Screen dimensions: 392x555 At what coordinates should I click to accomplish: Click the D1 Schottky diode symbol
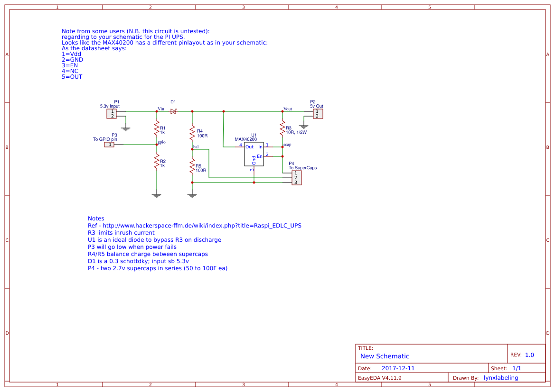coord(173,111)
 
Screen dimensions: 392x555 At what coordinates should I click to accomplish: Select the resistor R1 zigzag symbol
coord(156,128)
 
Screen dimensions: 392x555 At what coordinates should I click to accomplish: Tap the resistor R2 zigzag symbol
coord(156,163)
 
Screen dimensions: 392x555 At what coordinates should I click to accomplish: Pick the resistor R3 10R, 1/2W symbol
coord(282,128)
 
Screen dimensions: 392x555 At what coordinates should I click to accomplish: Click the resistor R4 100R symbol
coord(192,131)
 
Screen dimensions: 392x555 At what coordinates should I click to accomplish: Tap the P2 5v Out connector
coord(318,114)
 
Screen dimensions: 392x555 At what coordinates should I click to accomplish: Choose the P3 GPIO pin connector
coord(109,144)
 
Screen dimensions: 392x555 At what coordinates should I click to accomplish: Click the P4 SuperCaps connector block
coord(296,178)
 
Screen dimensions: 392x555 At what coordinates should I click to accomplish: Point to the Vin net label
coord(161,109)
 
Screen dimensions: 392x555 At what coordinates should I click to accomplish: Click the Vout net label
coord(287,109)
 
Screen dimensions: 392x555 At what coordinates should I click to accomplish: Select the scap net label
coord(287,144)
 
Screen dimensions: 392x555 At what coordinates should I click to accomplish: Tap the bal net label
coord(196,146)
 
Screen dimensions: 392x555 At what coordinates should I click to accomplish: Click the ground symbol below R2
coord(156,194)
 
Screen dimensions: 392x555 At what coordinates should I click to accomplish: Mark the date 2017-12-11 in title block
coord(398,368)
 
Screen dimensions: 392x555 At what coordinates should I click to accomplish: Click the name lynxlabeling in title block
coord(500,378)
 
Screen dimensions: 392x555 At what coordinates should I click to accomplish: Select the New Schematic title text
coord(385,356)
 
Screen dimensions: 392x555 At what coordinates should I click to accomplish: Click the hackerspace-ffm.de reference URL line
coord(195,226)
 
